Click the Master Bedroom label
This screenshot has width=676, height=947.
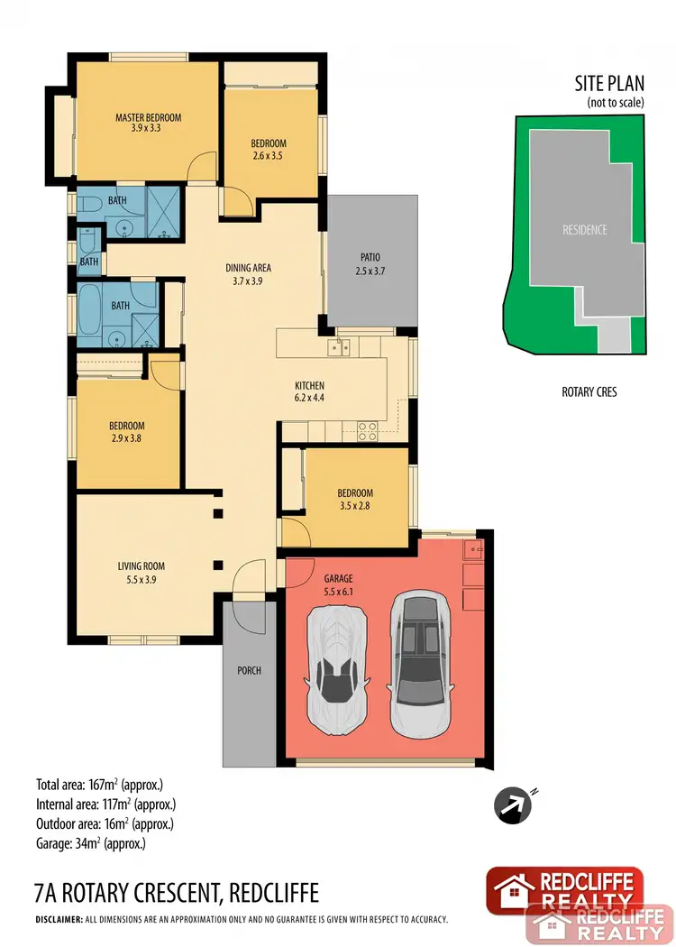(148, 117)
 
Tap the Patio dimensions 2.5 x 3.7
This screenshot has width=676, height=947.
(371, 271)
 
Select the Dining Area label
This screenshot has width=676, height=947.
(248, 268)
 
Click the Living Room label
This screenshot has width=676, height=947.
(141, 566)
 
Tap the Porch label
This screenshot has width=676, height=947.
(249, 670)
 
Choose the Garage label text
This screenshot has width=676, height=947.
(339, 577)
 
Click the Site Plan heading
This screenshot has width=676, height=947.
(609, 85)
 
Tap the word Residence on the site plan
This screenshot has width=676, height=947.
(584, 230)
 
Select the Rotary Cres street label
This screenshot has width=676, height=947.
(589, 392)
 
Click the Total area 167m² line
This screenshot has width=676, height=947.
(99, 783)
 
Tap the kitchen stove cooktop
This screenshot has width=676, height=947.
(367, 431)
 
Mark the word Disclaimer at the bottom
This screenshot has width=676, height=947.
(58, 921)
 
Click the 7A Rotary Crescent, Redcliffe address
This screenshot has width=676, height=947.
(175, 894)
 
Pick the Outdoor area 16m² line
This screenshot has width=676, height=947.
(104, 824)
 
